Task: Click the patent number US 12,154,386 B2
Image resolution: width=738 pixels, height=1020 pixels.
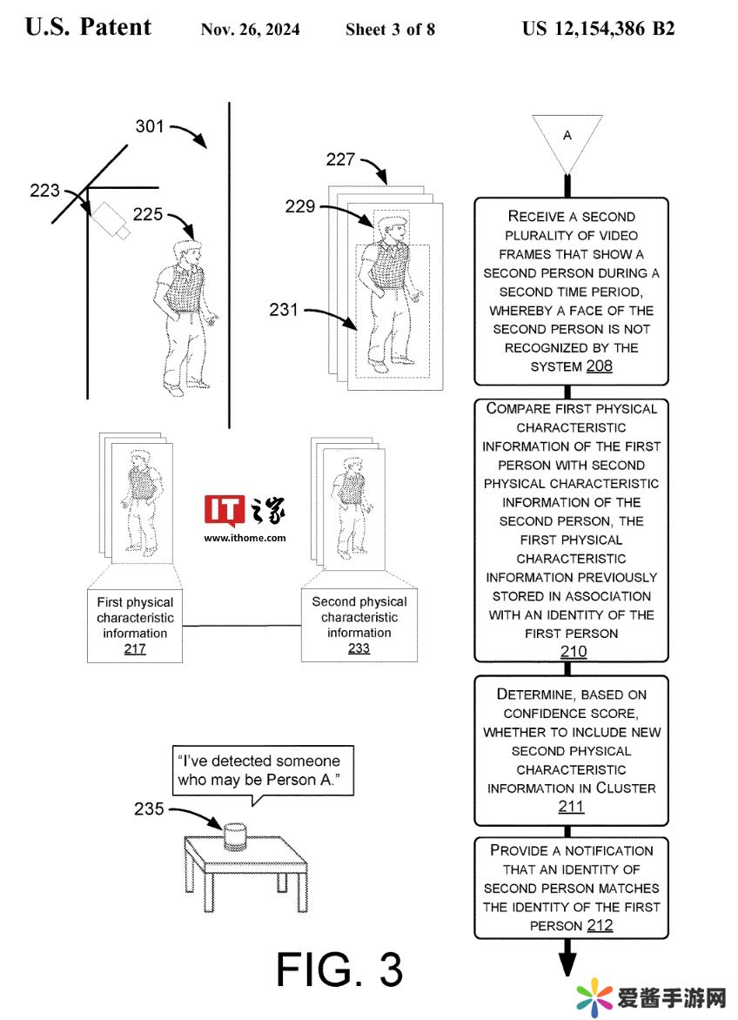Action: click(x=598, y=29)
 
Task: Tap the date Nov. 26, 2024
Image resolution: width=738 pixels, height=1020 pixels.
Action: click(x=251, y=30)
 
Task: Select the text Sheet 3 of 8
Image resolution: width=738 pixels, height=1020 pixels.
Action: click(x=390, y=30)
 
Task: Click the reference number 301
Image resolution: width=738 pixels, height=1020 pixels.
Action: click(x=150, y=126)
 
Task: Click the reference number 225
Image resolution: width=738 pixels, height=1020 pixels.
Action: click(x=148, y=214)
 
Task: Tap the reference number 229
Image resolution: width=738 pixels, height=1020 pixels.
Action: click(x=299, y=206)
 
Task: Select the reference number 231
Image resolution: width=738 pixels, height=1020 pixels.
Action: click(x=284, y=310)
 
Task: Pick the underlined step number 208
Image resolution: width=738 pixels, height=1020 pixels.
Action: click(x=600, y=366)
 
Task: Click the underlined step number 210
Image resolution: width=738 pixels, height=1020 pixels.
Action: click(x=574, y=651)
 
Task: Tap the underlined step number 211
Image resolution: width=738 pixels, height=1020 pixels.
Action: click(x=571, y=806)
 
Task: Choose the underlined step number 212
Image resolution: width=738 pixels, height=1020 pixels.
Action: click(x=600, y=925)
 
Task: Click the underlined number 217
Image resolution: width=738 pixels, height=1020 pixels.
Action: click(x=135, y=648)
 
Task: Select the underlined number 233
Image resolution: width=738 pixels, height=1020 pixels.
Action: click(x=359, y=648)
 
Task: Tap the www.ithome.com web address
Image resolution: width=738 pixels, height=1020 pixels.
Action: click(x=245, y=538)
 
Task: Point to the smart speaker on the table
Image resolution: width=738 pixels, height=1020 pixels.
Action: click(x=235, y=837)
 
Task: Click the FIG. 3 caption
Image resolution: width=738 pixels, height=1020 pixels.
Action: click(x=339, y=970)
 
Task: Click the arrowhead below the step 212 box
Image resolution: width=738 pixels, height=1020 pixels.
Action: click(x=567, y=963)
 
